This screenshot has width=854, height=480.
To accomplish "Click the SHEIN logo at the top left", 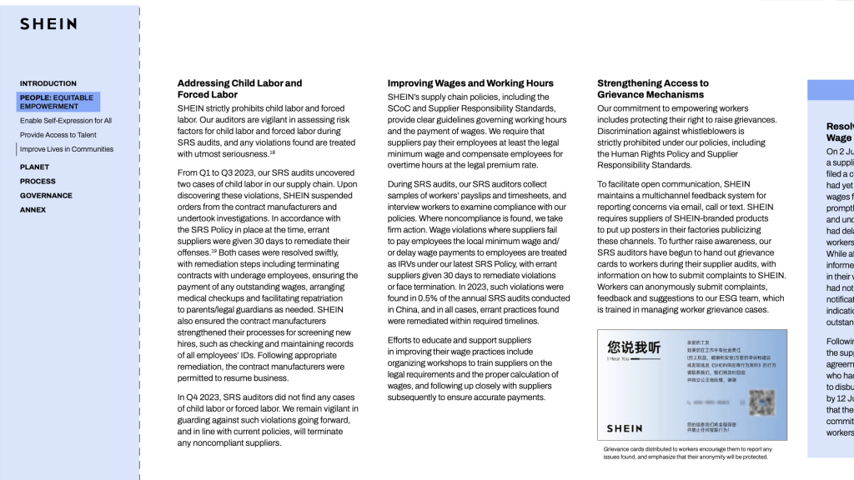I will [48, 24].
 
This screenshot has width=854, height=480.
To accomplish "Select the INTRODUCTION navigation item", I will [48, 83].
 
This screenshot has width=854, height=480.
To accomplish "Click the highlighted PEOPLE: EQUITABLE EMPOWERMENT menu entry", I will [58, 102].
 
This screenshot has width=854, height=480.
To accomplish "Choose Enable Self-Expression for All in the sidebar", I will [66, 121].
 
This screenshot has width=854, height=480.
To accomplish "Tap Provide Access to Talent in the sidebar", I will [58, 135].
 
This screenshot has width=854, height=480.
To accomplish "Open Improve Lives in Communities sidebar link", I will [67, 149].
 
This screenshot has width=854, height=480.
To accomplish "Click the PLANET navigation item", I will [34, 167].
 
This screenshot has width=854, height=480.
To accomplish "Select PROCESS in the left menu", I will [38, 182].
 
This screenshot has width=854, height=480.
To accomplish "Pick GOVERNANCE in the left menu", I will [46, 196].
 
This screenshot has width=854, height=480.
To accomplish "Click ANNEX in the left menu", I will [33, 210].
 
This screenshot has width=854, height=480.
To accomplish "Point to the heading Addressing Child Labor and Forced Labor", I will [239, 88].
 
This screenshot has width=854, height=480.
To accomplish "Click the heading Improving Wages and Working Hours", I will [470, 83].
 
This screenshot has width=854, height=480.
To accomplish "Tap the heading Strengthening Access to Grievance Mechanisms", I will [653, 88].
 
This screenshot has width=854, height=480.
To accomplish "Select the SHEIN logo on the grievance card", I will [625, 428].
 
